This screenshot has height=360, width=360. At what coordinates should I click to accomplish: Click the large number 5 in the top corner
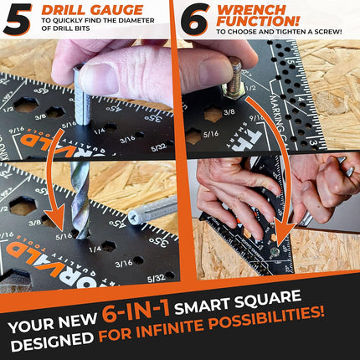point(18,19)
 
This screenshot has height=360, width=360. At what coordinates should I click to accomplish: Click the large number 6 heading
point(195,20)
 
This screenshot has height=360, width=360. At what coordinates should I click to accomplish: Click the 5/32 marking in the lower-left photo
point(155,277)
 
